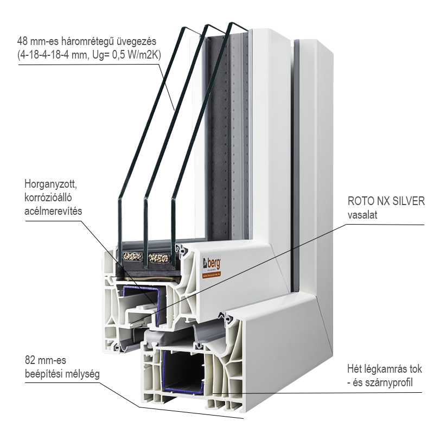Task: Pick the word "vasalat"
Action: (x=362, y=215)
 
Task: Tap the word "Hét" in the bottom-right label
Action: (x=355, y=370)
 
